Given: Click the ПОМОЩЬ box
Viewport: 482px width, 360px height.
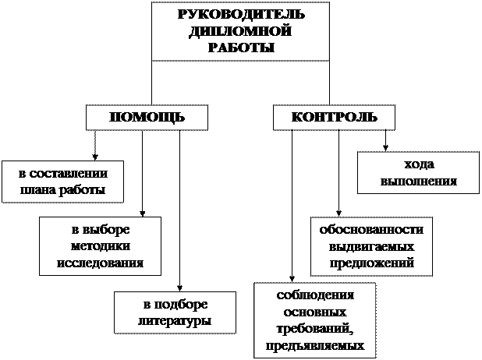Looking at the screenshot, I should click(147, 118).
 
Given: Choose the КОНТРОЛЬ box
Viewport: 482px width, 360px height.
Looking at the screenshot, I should click(334, 118).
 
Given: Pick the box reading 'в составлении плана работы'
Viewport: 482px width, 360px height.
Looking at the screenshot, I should click(62, 182).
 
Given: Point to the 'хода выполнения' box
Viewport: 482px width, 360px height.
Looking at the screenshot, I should click(418, 173).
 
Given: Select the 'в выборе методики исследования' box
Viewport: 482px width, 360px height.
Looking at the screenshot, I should click(100, 245).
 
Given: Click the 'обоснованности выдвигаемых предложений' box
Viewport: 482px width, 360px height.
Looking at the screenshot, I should click(371, 245).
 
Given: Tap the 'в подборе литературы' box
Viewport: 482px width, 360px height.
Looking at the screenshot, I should click(175, 312).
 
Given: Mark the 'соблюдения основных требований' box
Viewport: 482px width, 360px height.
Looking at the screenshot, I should click(315, 320).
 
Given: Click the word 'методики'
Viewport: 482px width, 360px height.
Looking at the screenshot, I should click(100, 245).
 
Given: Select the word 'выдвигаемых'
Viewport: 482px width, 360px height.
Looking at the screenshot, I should click(371, 246).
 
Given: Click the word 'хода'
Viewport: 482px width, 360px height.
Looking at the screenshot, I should click(418, 164).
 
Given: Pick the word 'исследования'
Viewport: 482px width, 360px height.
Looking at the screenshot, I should click(100, 262).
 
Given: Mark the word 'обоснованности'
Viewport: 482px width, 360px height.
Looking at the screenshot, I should click(371, 230).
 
